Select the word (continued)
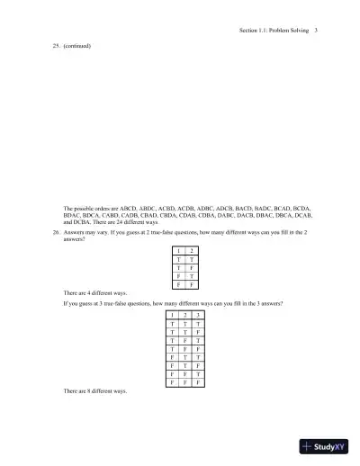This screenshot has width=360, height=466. click(77, 45)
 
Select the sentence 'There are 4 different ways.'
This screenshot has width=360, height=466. click(95, 293)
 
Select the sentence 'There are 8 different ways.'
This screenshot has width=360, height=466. click(95, 391)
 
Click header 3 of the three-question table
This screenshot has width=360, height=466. click(198, 316)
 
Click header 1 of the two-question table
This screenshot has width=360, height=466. click(179, 248)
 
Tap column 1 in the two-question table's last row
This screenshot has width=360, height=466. click(179, 283)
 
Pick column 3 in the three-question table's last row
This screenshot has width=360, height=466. click(198, 382)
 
